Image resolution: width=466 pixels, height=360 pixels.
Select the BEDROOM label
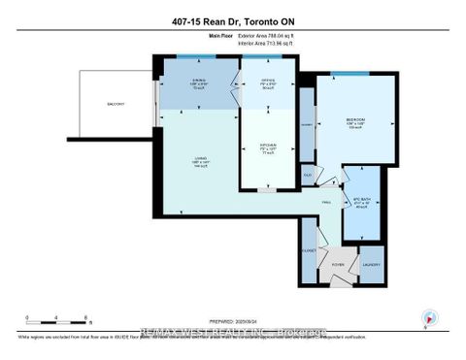(353, 123)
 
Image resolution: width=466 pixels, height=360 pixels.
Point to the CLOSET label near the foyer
(310, 247)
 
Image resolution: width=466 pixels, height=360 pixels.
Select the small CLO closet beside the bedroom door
(307, 176)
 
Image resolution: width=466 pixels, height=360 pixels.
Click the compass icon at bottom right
(427, 317)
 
